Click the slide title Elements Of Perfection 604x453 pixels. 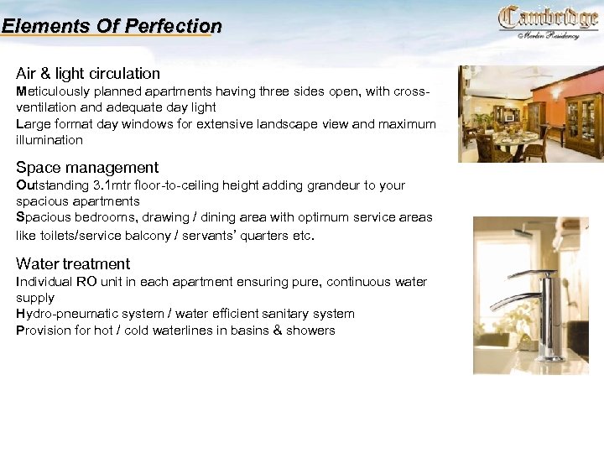(x=112, y=26)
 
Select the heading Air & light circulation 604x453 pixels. (x=88, y=73)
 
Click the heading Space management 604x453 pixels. (x=87, y=168)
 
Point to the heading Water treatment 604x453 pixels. (x=73, y=263)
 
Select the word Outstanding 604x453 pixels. (x=53, y=185)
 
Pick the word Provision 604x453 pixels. (x=44, y=331)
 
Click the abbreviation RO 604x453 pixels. (x=87, y=282)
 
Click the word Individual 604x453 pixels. (x=44, y=282)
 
